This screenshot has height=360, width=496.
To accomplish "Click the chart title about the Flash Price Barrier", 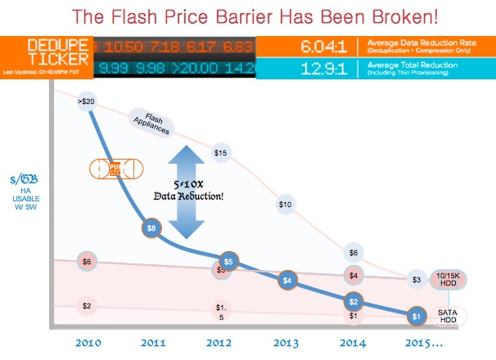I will click(x=247, y=16).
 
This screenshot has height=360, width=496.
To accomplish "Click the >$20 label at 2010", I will click(x=88, y=101).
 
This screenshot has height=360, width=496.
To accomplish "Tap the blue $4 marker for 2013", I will click(x=286, y=280).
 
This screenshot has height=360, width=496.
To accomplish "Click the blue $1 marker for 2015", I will click(x=416, y=316).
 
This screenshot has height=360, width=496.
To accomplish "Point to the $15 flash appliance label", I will click(x=219, y=152).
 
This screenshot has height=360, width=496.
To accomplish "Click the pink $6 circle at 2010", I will click(x=87, y=262).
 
